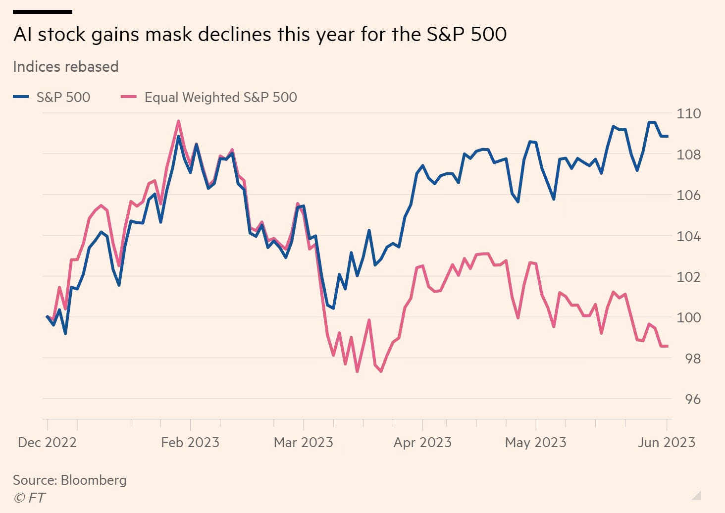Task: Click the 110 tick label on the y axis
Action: tap(688, 113)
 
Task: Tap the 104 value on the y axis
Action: tap(688, 236)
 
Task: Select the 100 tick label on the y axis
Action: tap(688, 317)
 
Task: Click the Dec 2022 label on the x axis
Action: tap(47, 442)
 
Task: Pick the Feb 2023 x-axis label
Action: tap(190, 442)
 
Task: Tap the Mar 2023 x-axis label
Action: tap(303, 442)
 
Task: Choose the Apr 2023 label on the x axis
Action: tap(422, 442)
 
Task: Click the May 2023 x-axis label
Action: tap(535, 442)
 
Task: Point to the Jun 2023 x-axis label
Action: tap(666, 442)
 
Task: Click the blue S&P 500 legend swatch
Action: tap(21, 97)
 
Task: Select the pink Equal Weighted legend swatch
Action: tap(128, 97)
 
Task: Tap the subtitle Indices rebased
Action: tap(65, 67)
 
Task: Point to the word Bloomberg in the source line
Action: tap(94, 480)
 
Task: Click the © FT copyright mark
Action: tap(30, 498)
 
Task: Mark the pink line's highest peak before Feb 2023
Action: tap(178, 121)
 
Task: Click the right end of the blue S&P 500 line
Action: tap(667, 136)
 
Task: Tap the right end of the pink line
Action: tap(667, 346)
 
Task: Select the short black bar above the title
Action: tap(43, 12)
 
